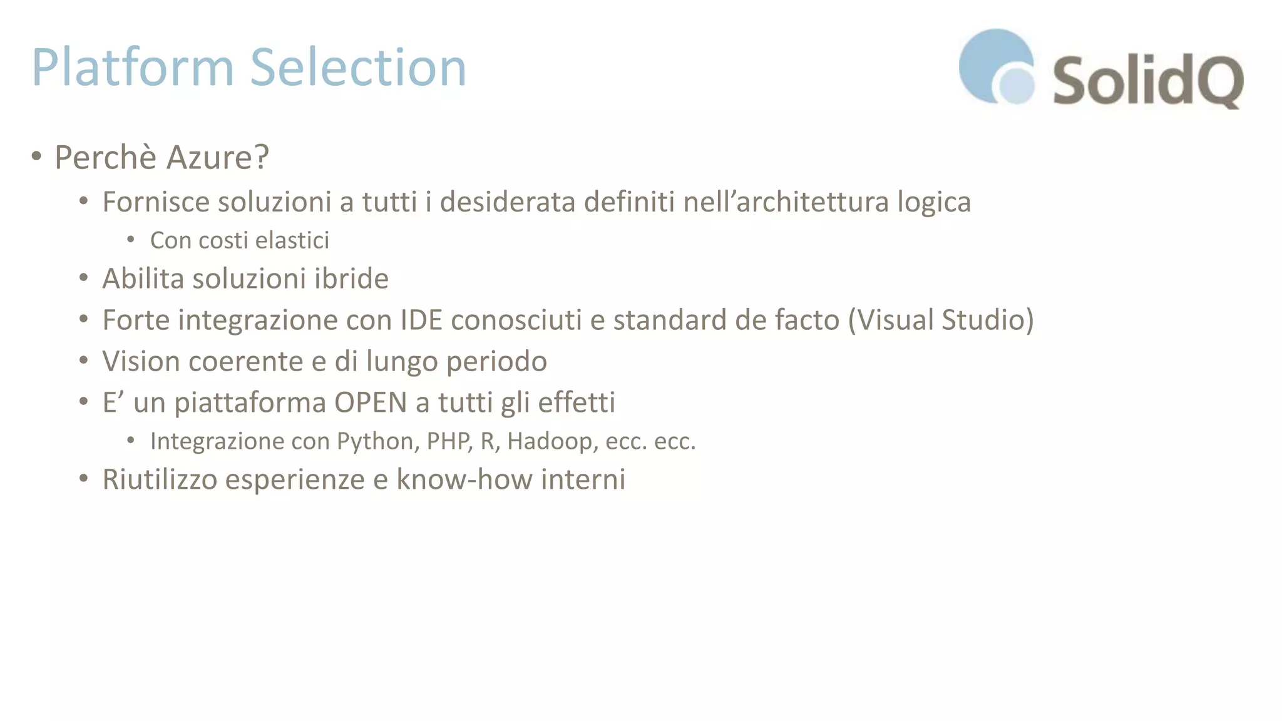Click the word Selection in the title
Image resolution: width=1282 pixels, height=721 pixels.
point(358,68)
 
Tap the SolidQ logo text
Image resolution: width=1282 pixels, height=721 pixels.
point(1147,81)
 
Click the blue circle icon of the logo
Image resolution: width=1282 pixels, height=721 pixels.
point(996,66)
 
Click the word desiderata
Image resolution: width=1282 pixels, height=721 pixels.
point(507,202)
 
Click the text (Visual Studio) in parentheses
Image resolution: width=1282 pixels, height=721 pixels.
point(941,320)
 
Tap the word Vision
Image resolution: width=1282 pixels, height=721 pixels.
point(141,361)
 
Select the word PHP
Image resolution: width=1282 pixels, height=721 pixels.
point(449,441)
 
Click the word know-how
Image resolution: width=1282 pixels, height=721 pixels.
point(464,479)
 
